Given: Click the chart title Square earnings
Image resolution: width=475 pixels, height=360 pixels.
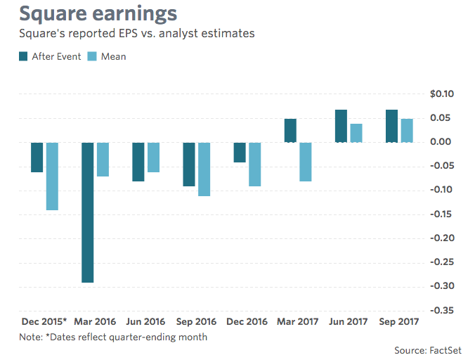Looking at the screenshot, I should pyautogui.click(x=98, y=14).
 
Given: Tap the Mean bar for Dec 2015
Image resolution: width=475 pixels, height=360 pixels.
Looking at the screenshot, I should pyautogui.click(x=52, y=176).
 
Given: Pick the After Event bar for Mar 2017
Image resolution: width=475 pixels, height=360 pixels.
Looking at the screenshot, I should pyautogui.click(x=290, y=131).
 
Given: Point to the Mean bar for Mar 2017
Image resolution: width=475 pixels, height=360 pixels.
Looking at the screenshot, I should pyautogui.click(x=305, y=162).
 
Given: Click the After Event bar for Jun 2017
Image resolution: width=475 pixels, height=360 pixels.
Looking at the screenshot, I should pyautogui.click(x=341, y=126).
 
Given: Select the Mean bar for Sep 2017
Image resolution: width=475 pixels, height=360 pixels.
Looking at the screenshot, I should pyautogui.click(x=407, y=131).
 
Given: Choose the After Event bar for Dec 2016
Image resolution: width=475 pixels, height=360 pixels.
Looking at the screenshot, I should pyautogui.click(x=240, y=152).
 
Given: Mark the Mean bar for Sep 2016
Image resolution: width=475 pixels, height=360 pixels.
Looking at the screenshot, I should pyautogui.click(x=204, y=169).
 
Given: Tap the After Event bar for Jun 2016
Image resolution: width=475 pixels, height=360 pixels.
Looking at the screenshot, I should pyautogui.click(x=138, y=162).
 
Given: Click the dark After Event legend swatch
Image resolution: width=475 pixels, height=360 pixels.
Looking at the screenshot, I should pyautogui.click(x=24, y=56).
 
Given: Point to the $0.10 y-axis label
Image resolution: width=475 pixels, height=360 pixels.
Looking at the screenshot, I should pyautogui.click(x=441, y=94).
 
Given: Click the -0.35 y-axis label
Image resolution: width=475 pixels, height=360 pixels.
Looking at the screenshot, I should pyautogui.click(x=441, y=310).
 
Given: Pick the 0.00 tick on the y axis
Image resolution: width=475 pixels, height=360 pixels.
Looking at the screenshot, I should pyautogui.click(x=443, y=142).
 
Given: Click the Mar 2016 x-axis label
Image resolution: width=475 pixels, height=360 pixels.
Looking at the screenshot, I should pyautogui.click(x=96, y=321).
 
